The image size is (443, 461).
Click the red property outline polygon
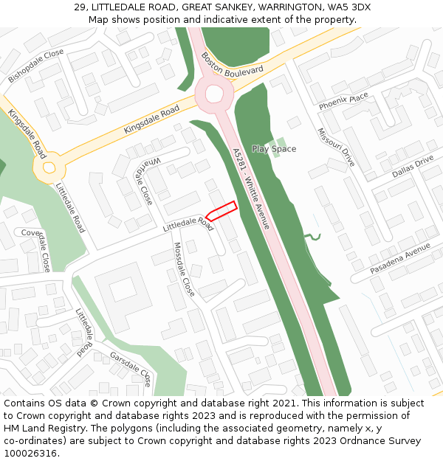pos(221,210)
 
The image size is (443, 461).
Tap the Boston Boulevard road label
pos(232,68)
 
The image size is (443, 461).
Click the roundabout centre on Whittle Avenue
pos(214,94)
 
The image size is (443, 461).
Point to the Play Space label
pos(274,149)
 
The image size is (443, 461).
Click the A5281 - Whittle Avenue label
pos(252,187)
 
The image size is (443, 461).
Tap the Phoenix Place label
pos(343,102)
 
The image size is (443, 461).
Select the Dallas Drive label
pos(413,167)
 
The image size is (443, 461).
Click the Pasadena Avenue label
pos(400,259)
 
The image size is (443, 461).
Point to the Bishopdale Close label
pos(35,65)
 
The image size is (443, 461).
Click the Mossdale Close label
pos(184,269)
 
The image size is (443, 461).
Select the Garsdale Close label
pos(131,369)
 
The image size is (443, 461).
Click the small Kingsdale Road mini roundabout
pos(49,168)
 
